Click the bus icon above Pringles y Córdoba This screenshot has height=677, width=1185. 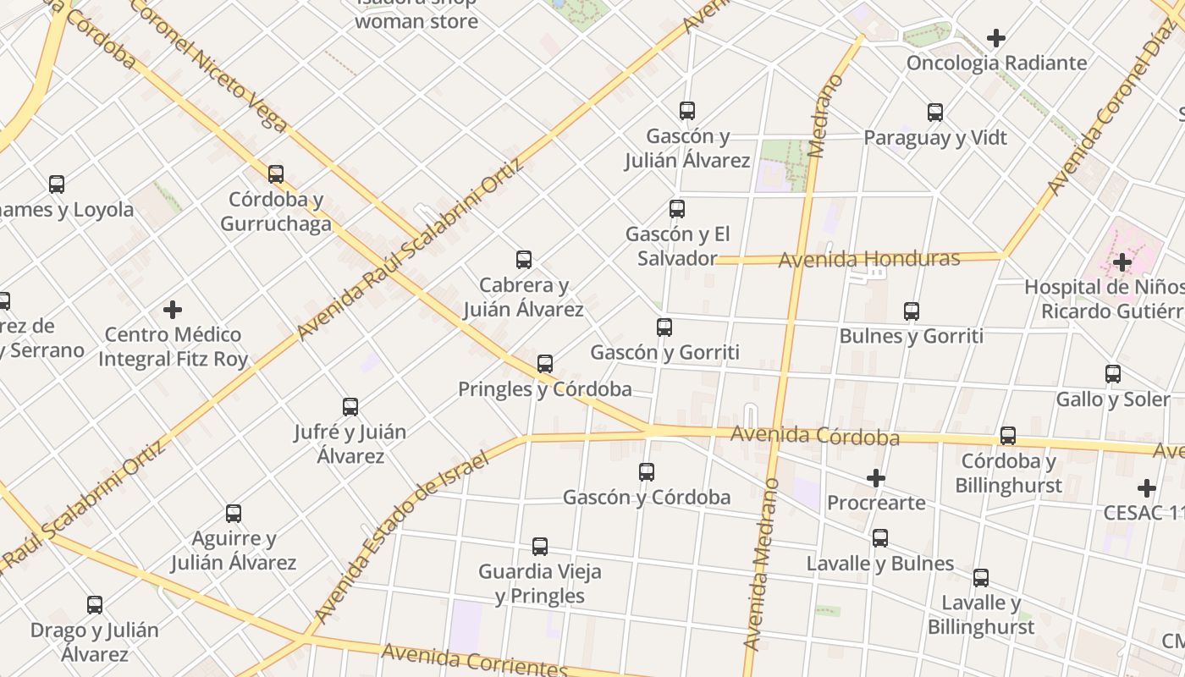(545, 364)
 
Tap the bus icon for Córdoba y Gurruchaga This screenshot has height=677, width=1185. (276, 174)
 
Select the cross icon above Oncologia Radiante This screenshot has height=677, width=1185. (996, 38)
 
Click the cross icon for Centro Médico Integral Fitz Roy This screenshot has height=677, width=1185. (173, 310)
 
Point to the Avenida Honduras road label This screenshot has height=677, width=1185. (868, 259)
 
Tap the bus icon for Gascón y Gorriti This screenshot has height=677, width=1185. (664, 327)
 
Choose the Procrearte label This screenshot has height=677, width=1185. (876, 503)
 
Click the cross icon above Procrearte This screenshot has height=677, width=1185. (876, 479)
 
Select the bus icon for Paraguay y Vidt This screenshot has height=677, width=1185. (935, 113)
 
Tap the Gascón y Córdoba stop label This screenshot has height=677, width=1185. (647, 497)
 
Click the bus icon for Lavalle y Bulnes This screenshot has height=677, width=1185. (880, 538)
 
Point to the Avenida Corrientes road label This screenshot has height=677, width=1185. (474, 661)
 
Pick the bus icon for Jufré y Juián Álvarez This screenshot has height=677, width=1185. (350, 407)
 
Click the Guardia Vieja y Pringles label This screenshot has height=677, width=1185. (540, 583)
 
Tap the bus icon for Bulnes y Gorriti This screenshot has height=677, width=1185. (912, 311)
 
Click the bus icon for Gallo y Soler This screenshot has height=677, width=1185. (1113, 374)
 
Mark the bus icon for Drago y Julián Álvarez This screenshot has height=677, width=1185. (95, 605)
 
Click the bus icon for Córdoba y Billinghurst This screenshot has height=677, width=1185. (1008, 436)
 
